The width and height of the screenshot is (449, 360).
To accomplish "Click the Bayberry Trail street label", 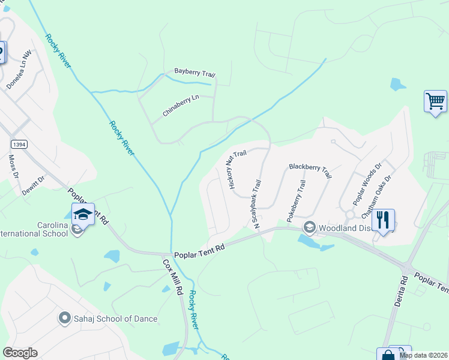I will (194, 73).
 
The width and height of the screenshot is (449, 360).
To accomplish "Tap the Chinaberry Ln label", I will (180, 109).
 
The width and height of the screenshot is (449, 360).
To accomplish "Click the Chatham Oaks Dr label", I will (376, 196).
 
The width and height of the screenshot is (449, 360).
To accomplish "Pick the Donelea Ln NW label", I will (19, 69).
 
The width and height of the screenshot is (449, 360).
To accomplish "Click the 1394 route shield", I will (20, 144).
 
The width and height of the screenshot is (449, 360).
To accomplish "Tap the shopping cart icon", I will (435, 100).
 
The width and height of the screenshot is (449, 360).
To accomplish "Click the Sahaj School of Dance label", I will (108, 319).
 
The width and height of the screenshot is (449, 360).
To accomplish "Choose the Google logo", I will (20, 352).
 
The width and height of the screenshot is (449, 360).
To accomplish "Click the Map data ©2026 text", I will (423, 355).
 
